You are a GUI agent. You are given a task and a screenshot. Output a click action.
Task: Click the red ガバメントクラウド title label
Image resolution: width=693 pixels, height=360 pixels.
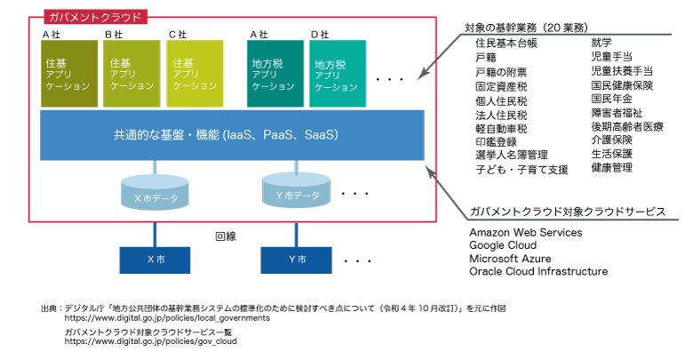95,17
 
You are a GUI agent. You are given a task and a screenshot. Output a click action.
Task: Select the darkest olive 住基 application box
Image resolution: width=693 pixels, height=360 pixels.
69,74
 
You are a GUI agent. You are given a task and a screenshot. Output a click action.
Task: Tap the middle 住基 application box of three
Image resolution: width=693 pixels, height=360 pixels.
131,74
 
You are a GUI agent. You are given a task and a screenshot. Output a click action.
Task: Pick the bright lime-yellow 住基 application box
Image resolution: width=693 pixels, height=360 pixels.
195,74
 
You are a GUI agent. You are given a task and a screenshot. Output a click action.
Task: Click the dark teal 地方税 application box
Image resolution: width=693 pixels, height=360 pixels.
275,74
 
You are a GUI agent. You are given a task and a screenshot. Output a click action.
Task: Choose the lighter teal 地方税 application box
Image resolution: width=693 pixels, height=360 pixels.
337,74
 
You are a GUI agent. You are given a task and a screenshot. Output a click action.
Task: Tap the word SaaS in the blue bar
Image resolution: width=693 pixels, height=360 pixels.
320,135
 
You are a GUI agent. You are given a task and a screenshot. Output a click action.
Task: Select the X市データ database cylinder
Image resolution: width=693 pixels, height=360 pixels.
155,193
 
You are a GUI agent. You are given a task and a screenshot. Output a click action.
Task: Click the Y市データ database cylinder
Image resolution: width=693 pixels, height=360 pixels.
296,191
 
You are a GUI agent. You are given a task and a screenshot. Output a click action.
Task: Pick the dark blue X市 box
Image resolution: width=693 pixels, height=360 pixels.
155,260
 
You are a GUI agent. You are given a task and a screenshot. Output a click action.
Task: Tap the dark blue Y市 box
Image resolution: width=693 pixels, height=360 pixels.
296,260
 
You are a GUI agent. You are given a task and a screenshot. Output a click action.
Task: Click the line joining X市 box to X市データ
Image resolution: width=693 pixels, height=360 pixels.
155,233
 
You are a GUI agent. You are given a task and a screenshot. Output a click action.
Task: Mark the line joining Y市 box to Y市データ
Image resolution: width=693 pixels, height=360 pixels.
296,233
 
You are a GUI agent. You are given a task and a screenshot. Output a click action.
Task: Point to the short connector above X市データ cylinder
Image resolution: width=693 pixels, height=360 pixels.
155,168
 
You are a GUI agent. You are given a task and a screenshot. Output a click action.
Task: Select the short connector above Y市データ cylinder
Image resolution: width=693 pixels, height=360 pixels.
296,166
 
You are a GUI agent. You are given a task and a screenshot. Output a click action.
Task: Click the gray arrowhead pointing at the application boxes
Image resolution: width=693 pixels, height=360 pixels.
423,75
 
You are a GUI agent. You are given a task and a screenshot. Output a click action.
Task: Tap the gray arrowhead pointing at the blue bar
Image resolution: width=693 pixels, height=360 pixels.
431,171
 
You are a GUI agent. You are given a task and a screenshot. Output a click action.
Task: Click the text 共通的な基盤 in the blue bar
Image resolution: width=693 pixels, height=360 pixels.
146,135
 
